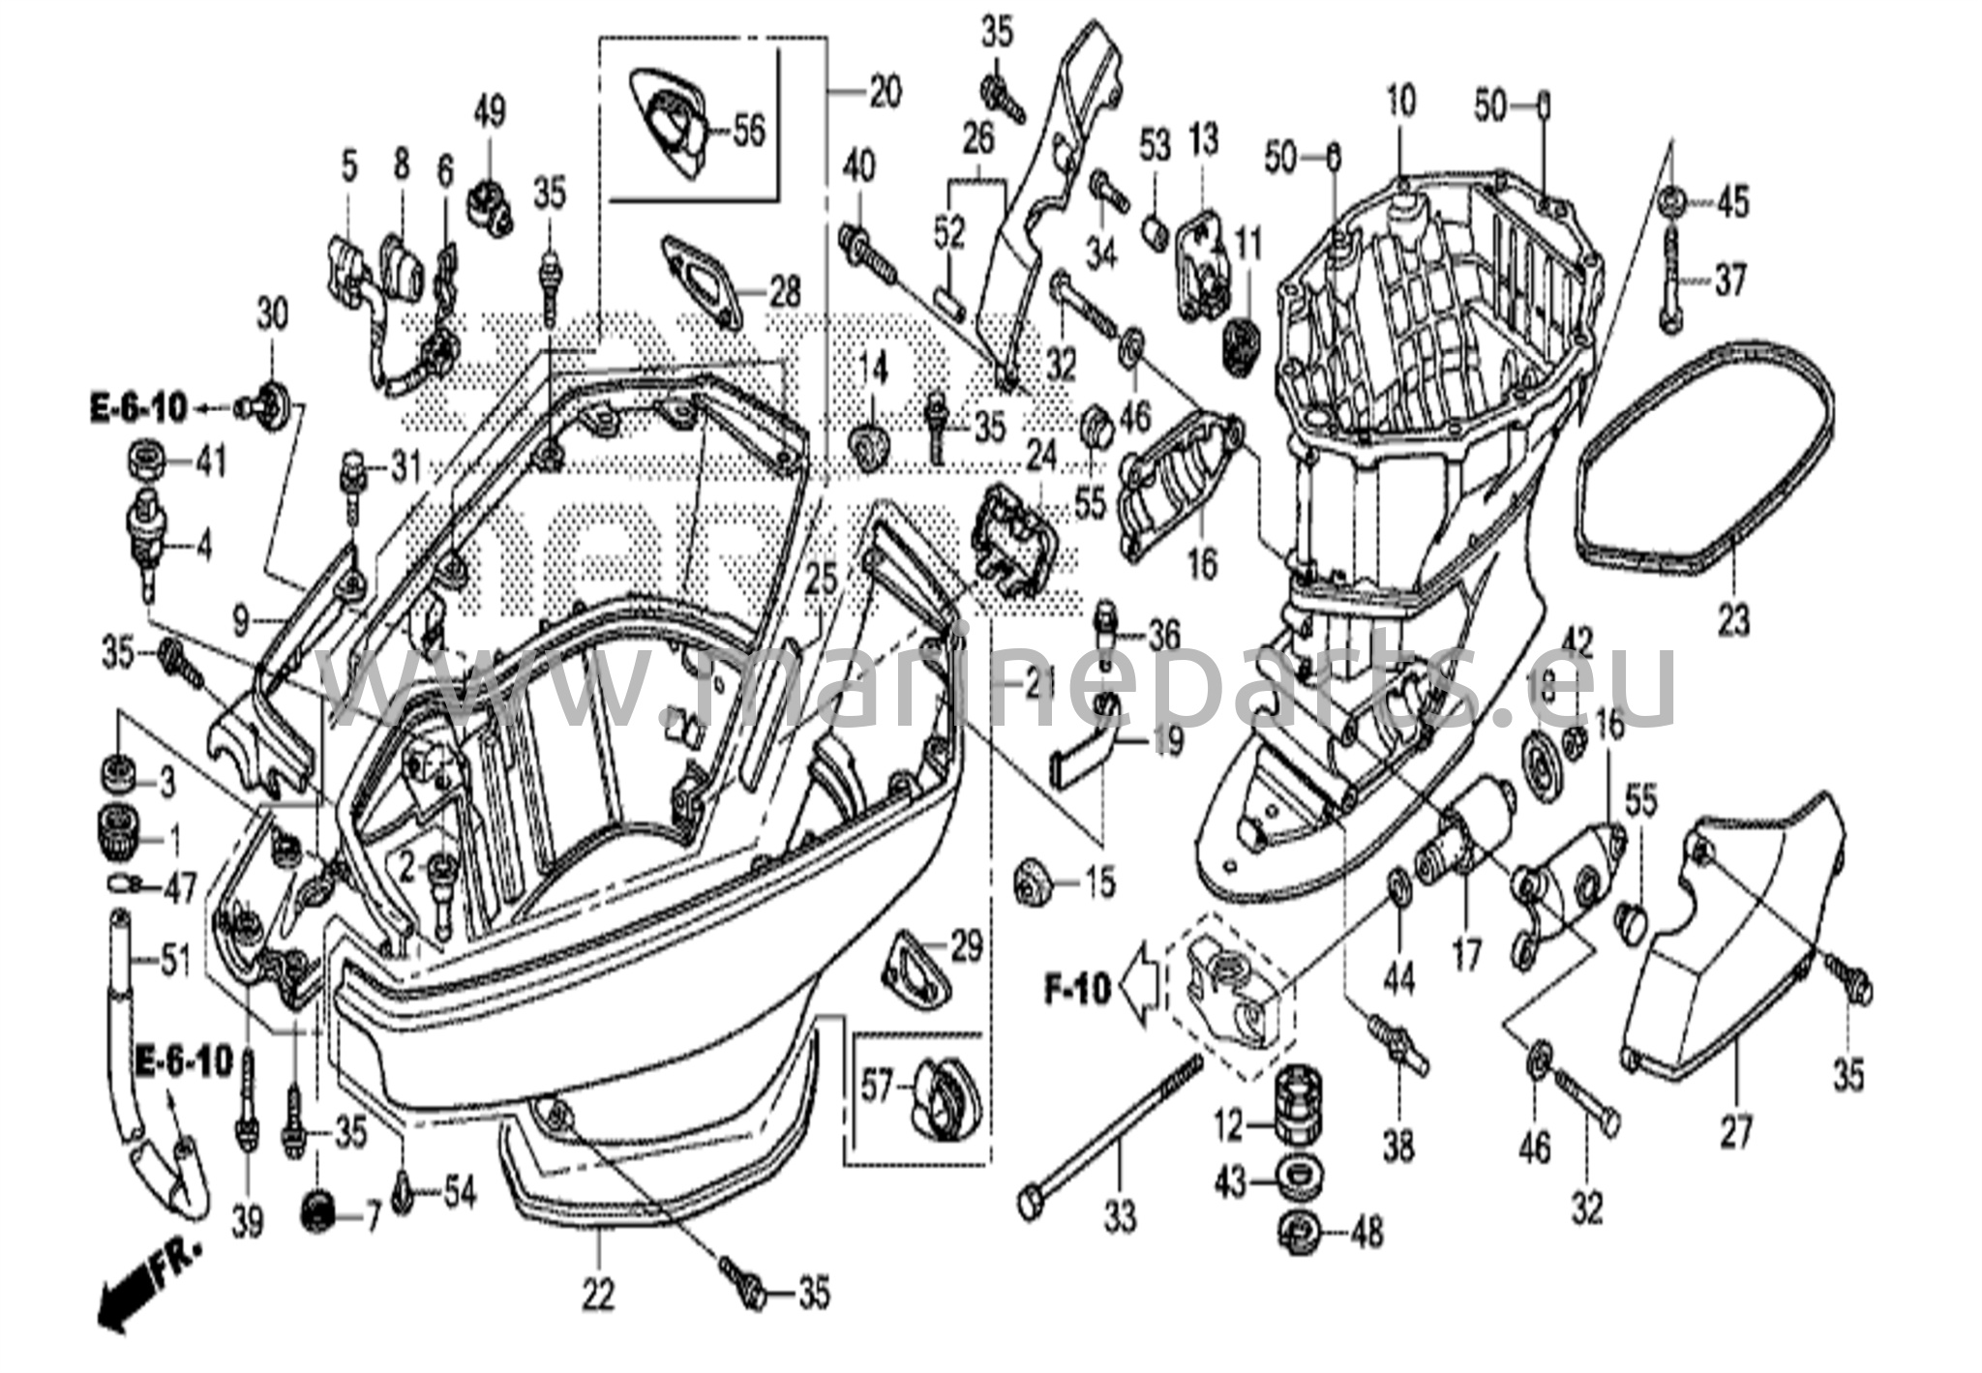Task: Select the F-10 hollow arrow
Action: click(x=1138, y=987)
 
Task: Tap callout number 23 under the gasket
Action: click(x=1732, y=620)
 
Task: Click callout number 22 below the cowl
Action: click(x=598, y=1294)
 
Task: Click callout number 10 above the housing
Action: click(x=1400, y=101)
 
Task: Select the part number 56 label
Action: click(x=748, y=132)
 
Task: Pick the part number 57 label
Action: click(x=878, y=1088)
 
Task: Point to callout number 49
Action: click(x=490, y=113)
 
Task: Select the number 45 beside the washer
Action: click(x=1732, y=202)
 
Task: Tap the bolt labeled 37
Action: click(x=1673, y=281)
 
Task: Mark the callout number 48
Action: click(x=1366, y=1233)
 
